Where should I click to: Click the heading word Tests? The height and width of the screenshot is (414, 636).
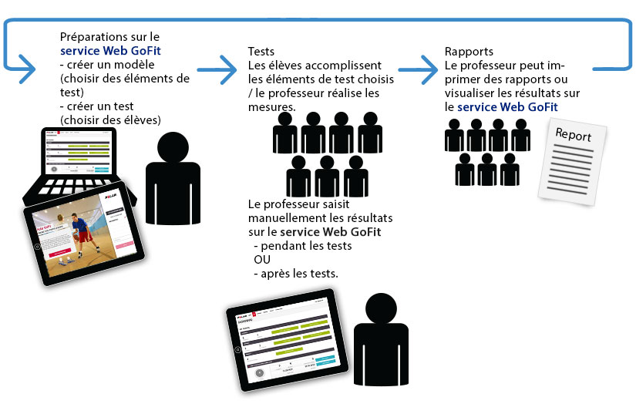261,52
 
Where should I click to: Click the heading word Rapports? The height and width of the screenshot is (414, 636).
469,52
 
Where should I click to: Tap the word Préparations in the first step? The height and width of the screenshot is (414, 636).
93,37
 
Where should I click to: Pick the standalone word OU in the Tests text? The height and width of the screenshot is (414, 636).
261,260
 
